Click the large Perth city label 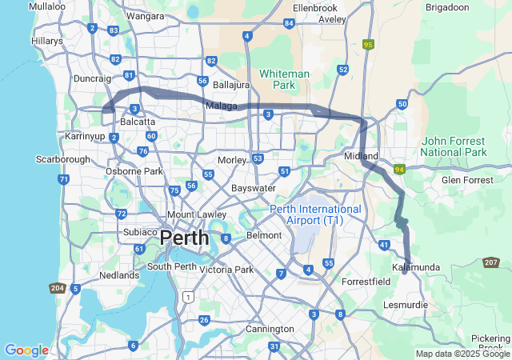pos(184,238)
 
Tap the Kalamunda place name pos(416,266)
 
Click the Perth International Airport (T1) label pos(315,214)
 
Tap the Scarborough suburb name pos(63,159)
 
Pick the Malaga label pos(221,105)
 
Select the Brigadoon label pos(470,7)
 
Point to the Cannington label pos(270,329)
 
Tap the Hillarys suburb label pos(47,40)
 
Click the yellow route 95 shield pos(368,45)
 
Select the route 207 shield pos(491,262)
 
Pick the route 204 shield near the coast pos(58,288)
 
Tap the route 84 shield pos(289,23)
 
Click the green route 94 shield pos(399,170)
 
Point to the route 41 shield pos(385,245)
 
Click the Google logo pos(26,350)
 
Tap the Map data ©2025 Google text pos(462,354)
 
